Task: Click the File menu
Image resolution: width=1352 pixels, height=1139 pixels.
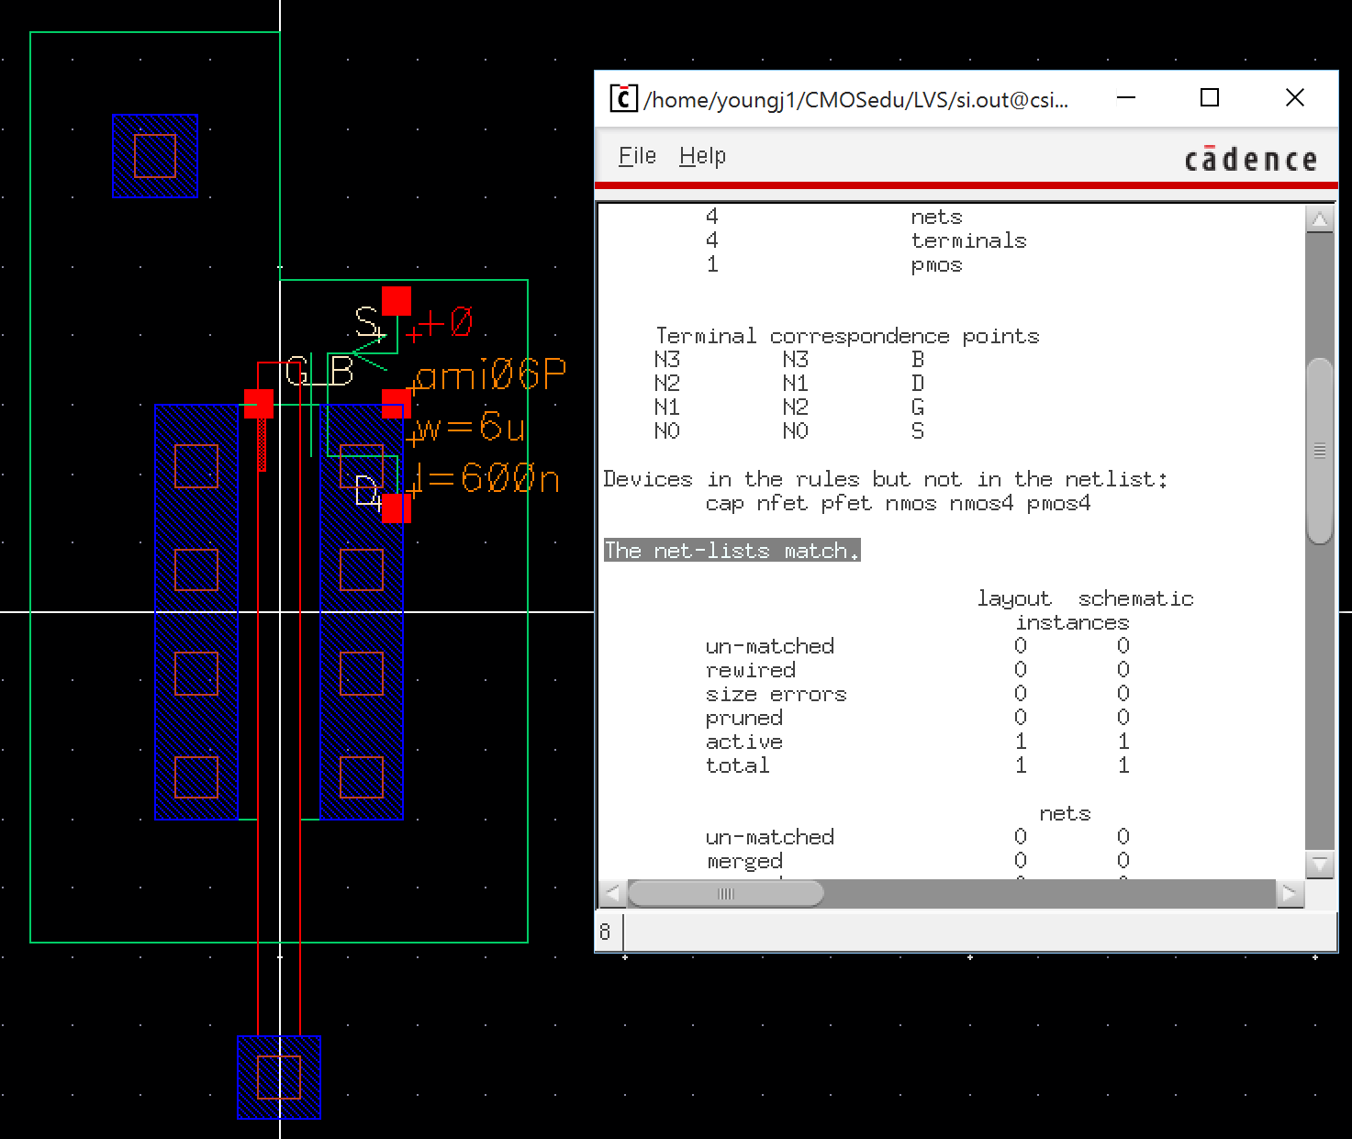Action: click(x=637, y=156)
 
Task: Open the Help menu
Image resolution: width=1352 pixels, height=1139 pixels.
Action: click(x=702, y=156)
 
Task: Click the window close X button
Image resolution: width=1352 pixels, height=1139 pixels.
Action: click(x=1294, y=97)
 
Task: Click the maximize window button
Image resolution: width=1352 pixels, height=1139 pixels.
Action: click(x=1210, y=97)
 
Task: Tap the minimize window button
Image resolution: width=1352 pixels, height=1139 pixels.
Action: click(x=1126, y=97)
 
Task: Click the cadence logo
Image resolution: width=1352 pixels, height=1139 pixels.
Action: click(x=1250, y=160)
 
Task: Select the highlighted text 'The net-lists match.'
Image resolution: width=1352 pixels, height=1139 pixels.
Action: click(x=732, y=551)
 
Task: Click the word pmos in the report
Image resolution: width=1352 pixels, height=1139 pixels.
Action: click(x=936, y=265)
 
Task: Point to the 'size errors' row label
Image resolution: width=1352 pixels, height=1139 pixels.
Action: click(x=776, y=695)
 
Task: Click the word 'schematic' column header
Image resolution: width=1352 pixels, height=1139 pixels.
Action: click(x=1135, y=599)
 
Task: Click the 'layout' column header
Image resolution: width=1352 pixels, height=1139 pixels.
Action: click(x=1013, y=599)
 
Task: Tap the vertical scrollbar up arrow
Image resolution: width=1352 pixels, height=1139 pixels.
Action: click(x=1320, y=219)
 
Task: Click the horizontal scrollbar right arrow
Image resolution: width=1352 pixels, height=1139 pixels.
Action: click(x=1290, y=892)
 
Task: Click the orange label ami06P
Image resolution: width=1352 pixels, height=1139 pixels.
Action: click(x=489, y=374)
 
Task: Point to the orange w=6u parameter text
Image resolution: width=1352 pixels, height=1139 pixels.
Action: click(x=469, y=427)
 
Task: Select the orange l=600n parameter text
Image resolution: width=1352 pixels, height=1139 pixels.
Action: click(x=486, y=478)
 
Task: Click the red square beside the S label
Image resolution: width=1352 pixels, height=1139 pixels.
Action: click(x=397, y=301)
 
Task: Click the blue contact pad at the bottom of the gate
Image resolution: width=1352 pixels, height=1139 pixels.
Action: click(x=279, y=1077)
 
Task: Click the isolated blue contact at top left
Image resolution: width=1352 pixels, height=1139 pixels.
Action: click(x=155, y=156)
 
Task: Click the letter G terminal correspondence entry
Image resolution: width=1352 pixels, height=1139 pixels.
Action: click(x=917, y=408)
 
